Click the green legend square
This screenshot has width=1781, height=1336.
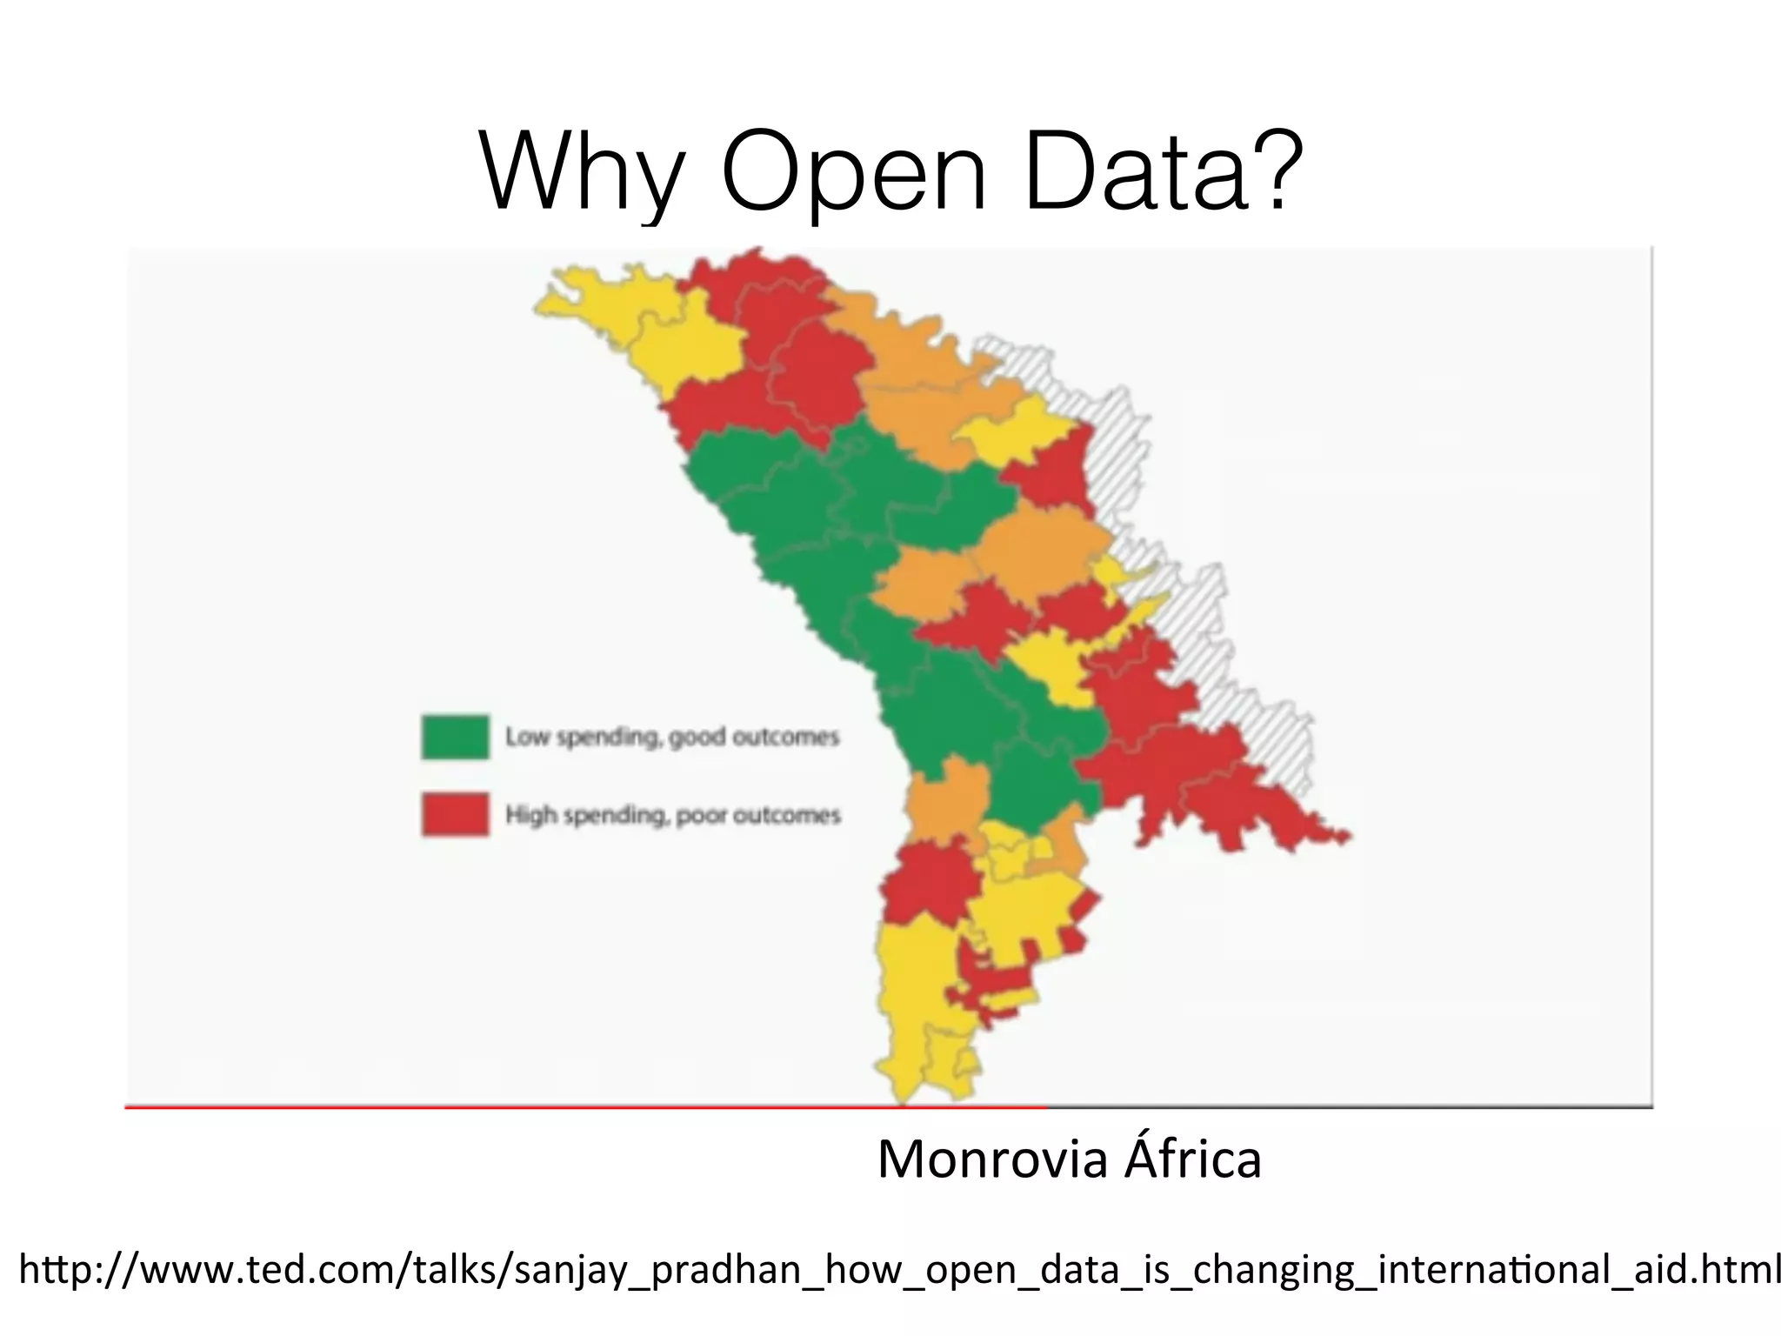(455, 737)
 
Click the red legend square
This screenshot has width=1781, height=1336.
(455, 814)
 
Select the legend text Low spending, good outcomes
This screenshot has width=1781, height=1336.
(672, 737)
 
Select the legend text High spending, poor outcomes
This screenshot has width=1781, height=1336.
(673, 815)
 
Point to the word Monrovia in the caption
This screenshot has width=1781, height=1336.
(994, 1159)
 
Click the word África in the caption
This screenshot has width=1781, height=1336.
(1192, 1159)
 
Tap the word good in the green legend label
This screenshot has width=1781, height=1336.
(697, 738)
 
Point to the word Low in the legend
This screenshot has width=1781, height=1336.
(527, 737)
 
